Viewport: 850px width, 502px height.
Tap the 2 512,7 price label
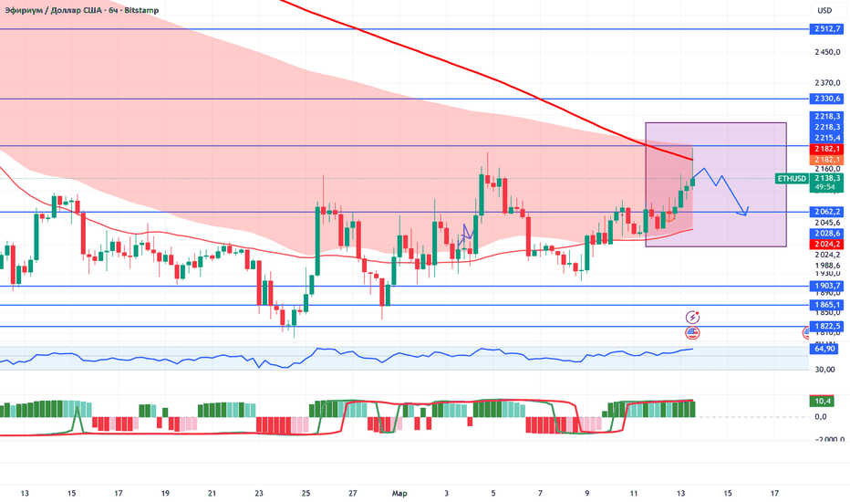point(828,28)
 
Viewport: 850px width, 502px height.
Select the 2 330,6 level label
point(828,99)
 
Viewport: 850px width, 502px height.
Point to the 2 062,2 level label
point(828,212)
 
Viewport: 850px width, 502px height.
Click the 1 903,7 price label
point(828,286)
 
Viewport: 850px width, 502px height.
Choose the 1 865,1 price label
point(828,305)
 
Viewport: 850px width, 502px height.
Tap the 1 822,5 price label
point(828,326)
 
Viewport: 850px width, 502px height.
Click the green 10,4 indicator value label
point(824,401)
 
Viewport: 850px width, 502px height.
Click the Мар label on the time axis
point(399,494)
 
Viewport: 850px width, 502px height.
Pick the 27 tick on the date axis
point(352,494)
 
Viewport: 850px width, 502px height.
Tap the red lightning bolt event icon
point(692,316)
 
